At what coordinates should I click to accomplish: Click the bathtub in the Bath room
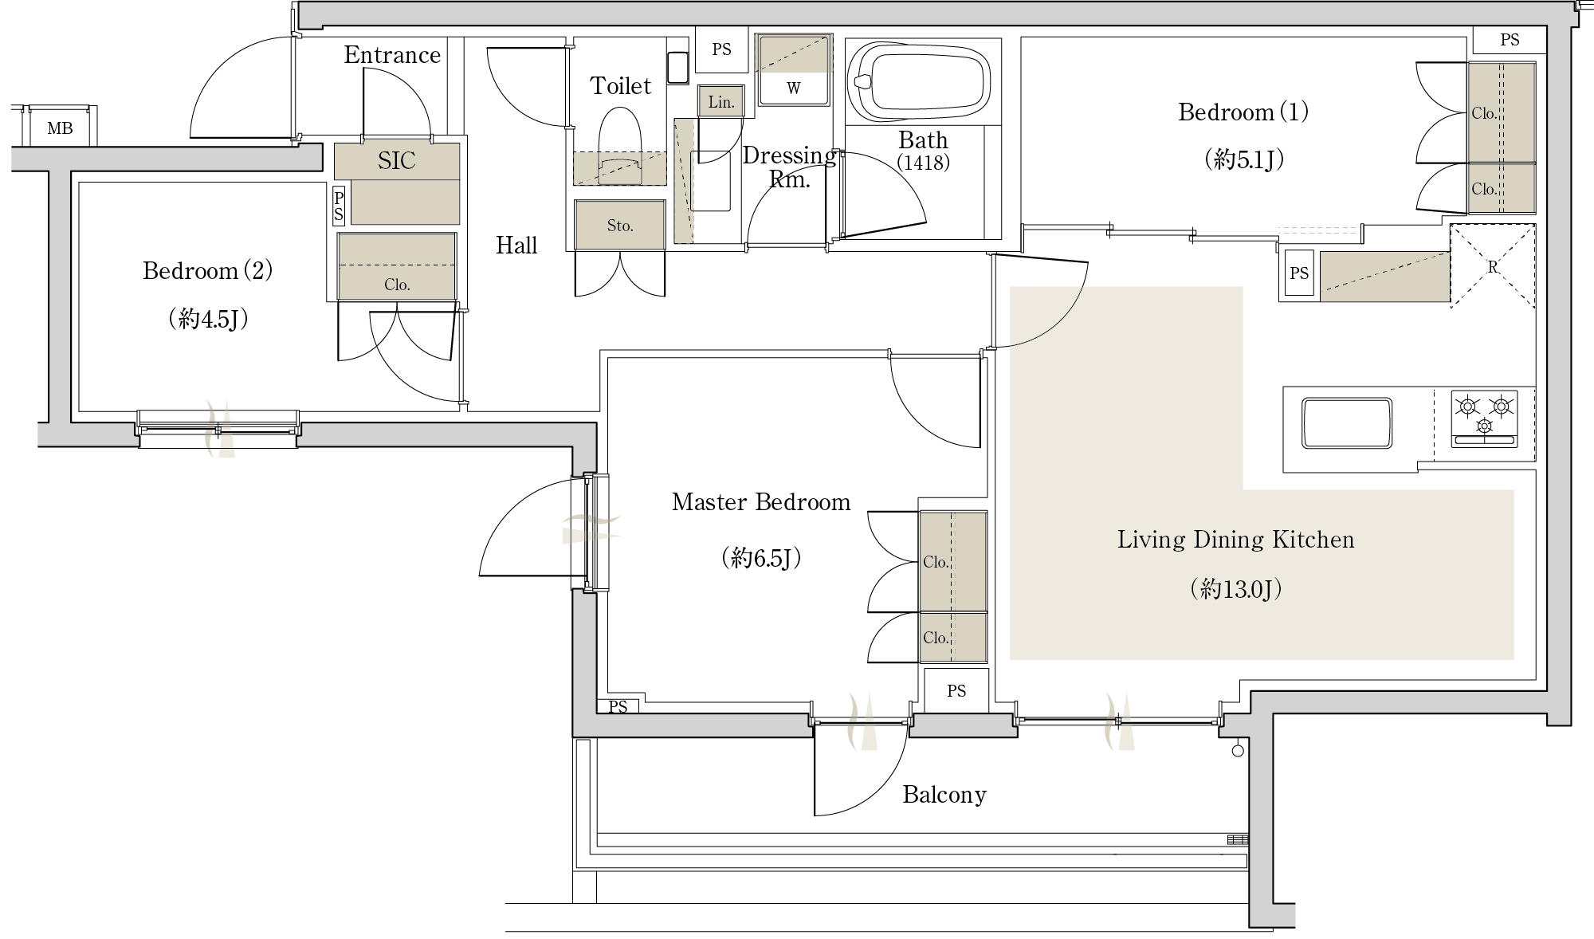click(923, 81)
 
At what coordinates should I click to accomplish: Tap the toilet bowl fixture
click(620, 143)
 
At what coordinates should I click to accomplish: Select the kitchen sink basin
click(1346, 422)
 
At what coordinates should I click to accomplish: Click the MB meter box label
click(61, 128)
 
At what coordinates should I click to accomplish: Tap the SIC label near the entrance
click(396, 161)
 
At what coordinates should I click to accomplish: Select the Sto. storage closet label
click(620, 226)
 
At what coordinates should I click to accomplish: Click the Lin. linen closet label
click(721, 102)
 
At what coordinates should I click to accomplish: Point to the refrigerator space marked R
click(1493, 266)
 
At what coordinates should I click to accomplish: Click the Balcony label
click(944, 795)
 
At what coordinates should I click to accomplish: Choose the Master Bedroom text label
click(761, 502)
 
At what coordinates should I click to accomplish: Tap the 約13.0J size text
click(1236, 589)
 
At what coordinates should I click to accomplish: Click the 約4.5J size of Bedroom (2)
click(208, 320)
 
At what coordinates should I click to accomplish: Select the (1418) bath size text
click(923, 163)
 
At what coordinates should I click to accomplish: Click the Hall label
click(516, 246)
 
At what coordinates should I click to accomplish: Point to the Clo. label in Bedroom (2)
click(397, 285)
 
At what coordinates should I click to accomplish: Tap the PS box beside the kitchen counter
click(1299, 273)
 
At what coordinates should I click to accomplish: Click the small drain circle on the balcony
click(1238, 750)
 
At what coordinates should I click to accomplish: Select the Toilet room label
click(621, 86)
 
